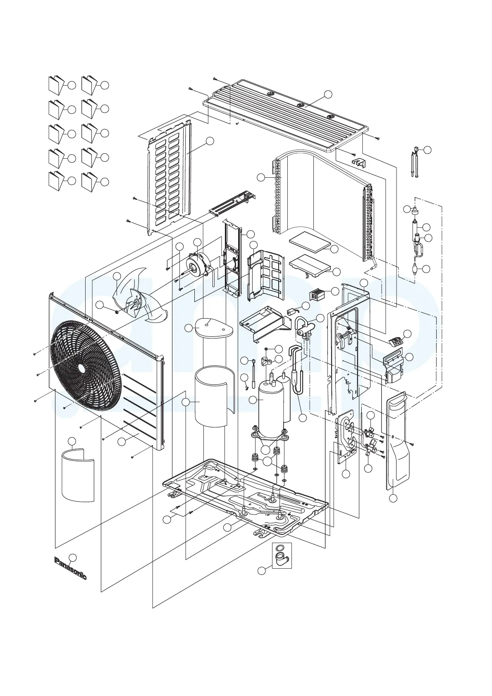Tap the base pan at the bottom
coord(248,492)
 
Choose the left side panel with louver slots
coord(170,178)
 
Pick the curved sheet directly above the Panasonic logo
coord(78,475)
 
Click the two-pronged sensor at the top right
coord(415,161)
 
